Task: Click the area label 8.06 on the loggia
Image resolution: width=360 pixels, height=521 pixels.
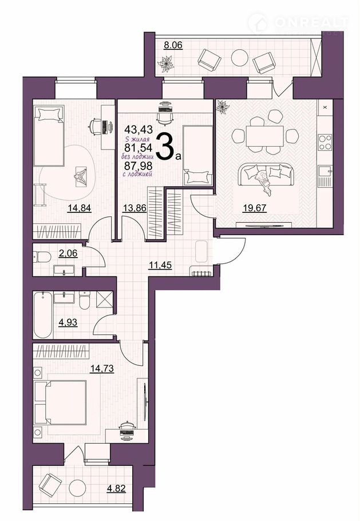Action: (173, 45)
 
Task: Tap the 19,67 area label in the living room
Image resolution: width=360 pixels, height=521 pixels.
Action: (255, 208)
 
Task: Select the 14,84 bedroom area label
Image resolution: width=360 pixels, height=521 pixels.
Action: (80, 208)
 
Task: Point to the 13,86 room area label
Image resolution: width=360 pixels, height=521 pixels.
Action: (134, 208)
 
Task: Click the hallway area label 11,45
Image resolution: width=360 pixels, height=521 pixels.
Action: (160, 265)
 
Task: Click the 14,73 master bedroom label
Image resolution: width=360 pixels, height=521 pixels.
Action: (102, 368)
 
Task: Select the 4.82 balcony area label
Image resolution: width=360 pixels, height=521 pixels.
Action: (116, 488)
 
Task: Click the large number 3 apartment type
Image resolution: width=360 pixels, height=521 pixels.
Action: (165, 147)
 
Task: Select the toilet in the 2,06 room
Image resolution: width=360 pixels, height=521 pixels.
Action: (42, 257)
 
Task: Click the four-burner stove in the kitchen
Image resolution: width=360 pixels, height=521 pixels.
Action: (325, 142)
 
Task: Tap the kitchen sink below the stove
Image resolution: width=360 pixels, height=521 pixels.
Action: (325, 172)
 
